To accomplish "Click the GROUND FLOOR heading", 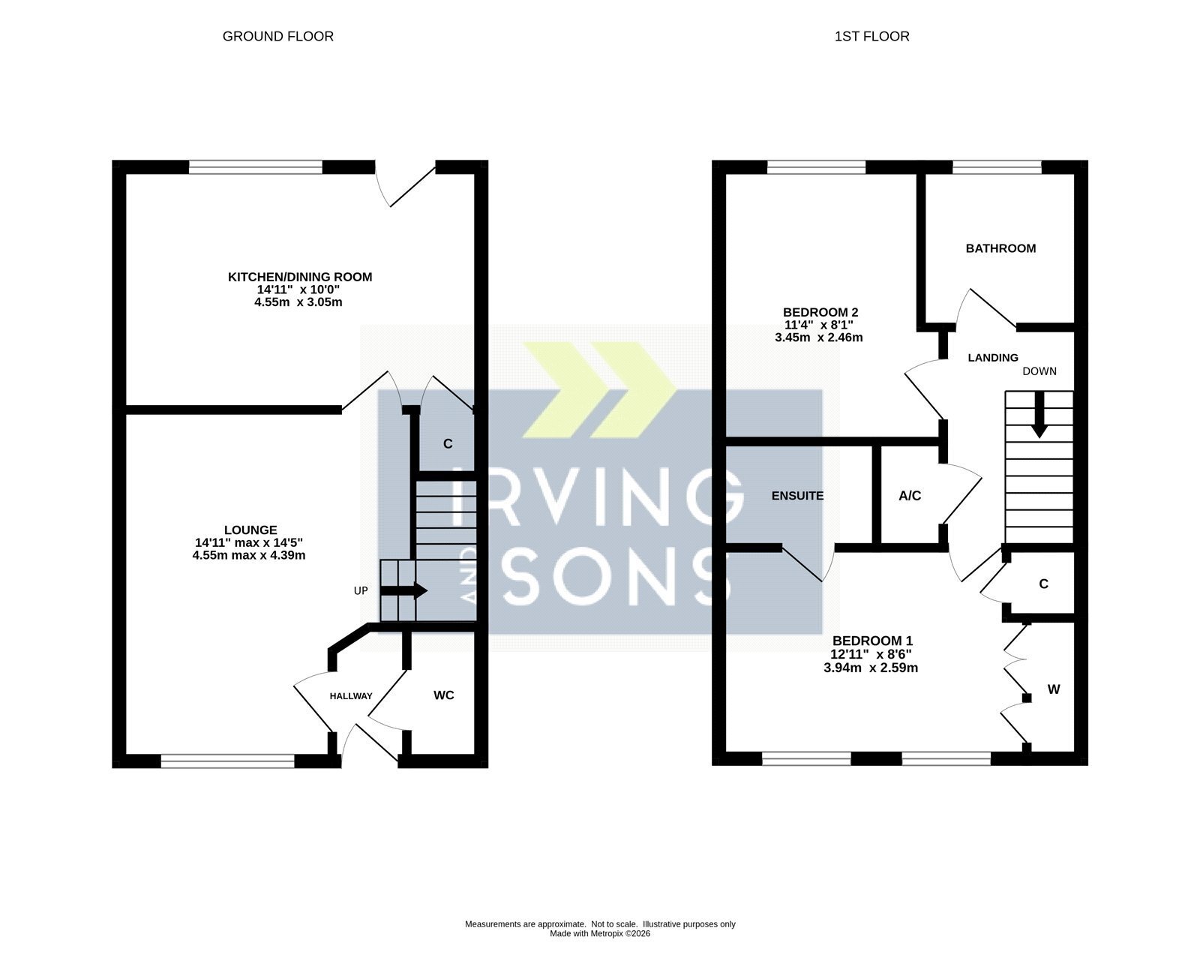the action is pos(277,37).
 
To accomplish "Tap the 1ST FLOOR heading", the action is pos(871,37).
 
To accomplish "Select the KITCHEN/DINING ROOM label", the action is pos(300,277).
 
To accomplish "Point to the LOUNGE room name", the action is pos(250,530).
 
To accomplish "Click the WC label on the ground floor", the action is pos(443,695).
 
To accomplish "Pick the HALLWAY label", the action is pos(351,696).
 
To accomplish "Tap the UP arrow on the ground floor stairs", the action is pos(404,590).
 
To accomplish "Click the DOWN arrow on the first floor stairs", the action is pos(1039,415).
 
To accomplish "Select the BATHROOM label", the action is pos(1000,248).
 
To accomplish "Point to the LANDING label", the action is pos(993,357).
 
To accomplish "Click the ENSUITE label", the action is pos(797,496).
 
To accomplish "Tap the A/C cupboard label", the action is pos(910,496).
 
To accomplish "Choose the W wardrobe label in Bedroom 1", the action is pos(1054,689).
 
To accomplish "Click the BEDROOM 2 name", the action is pos(820,312).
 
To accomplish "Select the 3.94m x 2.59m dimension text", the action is pos(871,668).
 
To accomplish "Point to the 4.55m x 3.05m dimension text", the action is pos(298,302).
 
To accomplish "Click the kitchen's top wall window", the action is pos(256,167).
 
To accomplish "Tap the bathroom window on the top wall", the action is pos(997,167).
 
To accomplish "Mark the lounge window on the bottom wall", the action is pos(227,761).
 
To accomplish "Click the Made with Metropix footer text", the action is pos(600,934).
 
